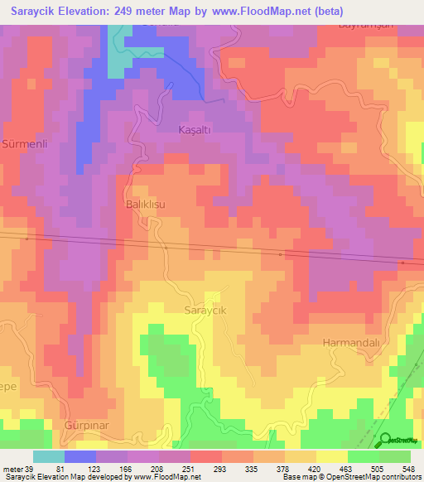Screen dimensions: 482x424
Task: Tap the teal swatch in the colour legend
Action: click(x=48, y=456)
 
